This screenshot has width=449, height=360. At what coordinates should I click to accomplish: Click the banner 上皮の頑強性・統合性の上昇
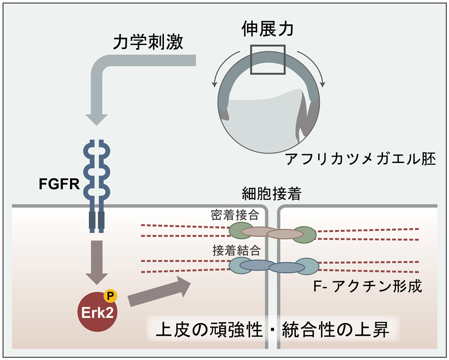coord(272,331)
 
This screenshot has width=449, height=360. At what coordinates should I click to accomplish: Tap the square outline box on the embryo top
coord(267,60)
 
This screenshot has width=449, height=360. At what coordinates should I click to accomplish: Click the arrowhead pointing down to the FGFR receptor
coord(97,118)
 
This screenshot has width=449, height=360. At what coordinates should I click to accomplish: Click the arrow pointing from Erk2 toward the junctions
coord(159,292)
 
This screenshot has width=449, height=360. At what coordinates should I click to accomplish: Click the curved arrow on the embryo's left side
coord(216,72)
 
